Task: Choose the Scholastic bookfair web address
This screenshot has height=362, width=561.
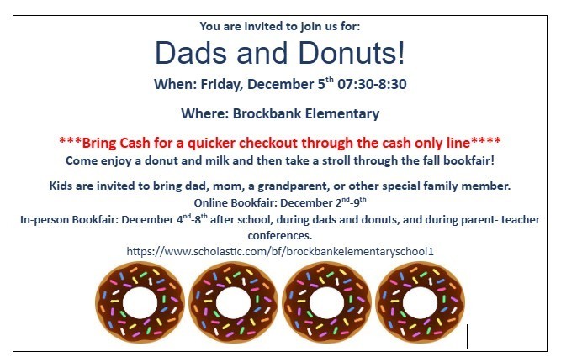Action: (x=280, y=250)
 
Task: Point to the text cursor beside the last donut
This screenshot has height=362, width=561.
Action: (x=468, y=336)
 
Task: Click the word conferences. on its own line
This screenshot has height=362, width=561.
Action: (x=280, y=236)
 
